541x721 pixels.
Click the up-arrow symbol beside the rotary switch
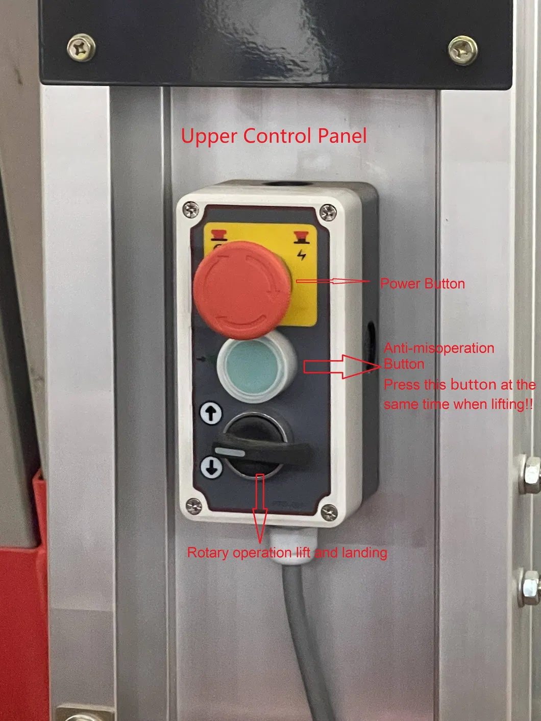point(211,412)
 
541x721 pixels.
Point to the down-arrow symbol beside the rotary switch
point(211,467)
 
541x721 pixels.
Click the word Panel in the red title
point(342,136)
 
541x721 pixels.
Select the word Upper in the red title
point(209,137)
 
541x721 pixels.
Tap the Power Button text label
point(423,284)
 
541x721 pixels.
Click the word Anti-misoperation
point(439,348)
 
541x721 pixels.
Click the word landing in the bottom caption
point(364,553)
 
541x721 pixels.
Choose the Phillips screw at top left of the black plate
point(81,48)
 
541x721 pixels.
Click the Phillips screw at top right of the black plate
point(463,50)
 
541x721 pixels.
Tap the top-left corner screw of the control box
point(191,209)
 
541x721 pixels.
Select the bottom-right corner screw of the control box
point(329,512)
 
